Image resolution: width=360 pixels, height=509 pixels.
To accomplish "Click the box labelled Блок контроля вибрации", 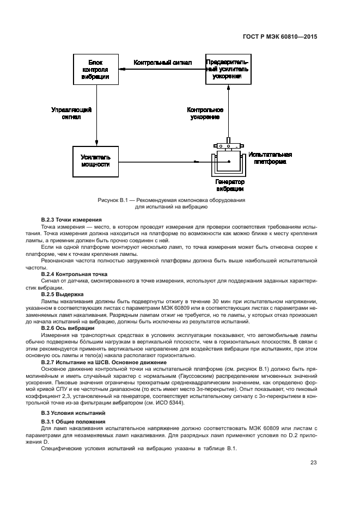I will coord(95,70).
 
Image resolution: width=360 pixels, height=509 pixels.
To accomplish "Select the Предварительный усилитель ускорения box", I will coord(228,70).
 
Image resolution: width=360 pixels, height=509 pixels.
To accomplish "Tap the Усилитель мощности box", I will coord(95,160).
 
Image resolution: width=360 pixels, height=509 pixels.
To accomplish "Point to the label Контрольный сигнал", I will coord(163,63).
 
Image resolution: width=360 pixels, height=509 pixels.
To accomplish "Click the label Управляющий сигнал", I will coord(71,113).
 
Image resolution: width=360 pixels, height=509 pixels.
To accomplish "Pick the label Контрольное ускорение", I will coord(205,113).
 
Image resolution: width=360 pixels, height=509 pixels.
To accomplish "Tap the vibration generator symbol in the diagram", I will coord(229,162).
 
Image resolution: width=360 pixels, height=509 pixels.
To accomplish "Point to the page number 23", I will coord(314,463).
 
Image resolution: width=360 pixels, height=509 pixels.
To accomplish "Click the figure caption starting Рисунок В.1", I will coord(171,204).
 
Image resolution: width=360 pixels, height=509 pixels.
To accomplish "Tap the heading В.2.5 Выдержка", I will coord(65,295).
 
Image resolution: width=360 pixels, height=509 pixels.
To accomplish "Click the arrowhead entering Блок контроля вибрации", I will coord(121,63).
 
